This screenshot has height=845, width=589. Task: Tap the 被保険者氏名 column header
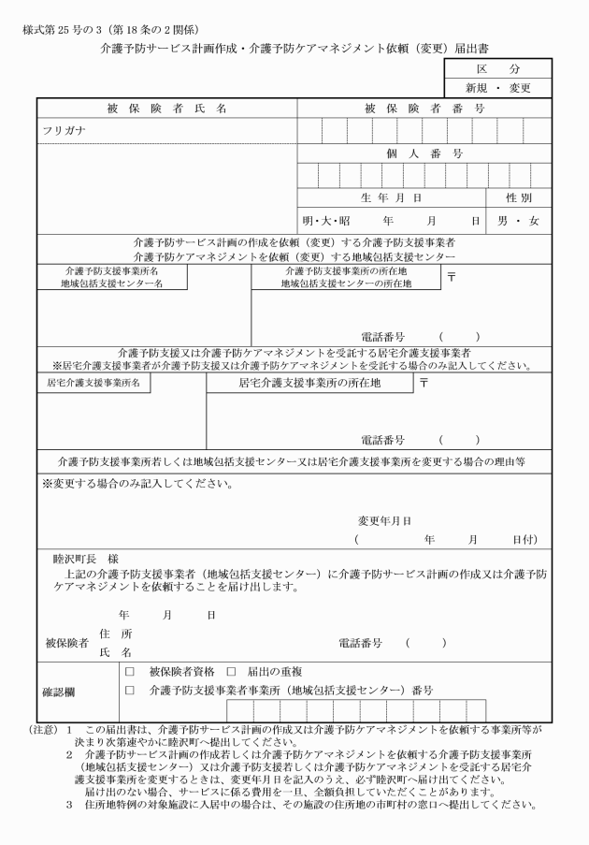tap(166, 109)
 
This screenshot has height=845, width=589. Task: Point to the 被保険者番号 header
tap(424, 109)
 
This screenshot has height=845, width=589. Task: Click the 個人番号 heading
tap(424, 153)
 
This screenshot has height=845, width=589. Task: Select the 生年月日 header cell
tap(392, 198)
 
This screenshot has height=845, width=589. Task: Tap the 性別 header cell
tap(519, 198)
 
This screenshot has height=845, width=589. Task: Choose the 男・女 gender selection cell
tap(519, 222)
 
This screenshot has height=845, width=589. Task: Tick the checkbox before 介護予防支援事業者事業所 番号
tap(129, 690)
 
